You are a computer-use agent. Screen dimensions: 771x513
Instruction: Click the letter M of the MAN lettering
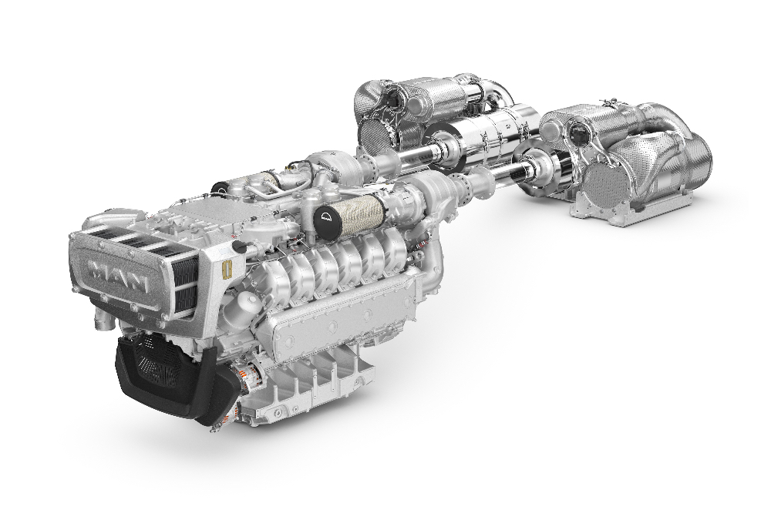[99, 270]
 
